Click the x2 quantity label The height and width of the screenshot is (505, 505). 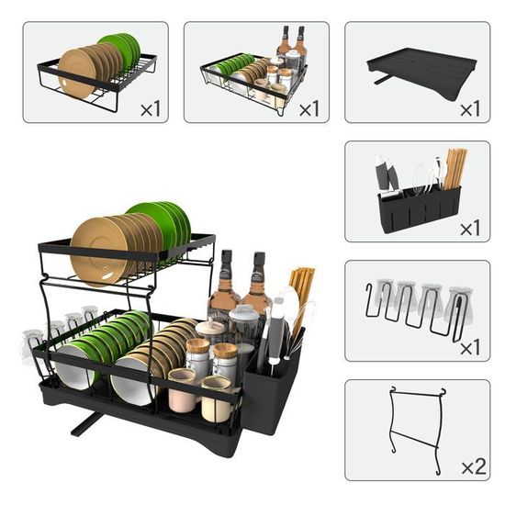474,466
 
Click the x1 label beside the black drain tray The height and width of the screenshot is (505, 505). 470,109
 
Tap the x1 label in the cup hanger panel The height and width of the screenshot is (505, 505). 470,347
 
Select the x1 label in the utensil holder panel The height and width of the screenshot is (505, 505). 470,228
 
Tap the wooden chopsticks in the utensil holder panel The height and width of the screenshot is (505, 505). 454,168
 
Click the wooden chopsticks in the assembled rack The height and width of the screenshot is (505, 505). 302,291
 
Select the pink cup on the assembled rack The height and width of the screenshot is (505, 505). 181,390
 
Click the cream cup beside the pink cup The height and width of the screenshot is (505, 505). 216,399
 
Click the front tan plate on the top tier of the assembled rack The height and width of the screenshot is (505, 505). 98,252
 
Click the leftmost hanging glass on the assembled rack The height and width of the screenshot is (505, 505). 31,347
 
